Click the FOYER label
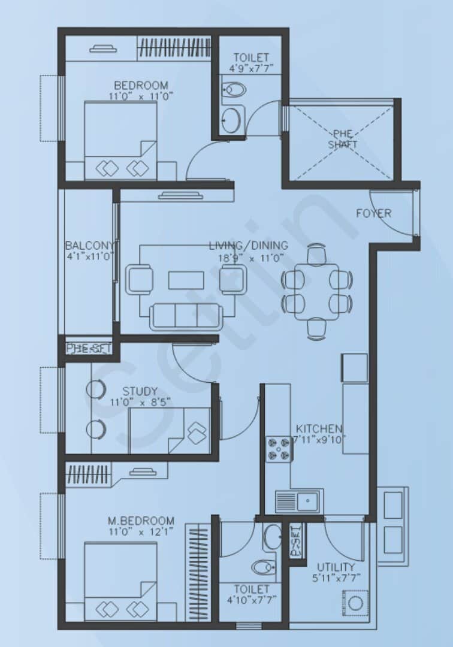(x=373, y=213)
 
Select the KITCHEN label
(x=319, y=429)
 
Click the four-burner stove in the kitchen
(x=279, y=449)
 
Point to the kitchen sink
(x=299, y=500)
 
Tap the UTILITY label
(x=336, y=567)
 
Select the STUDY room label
(x=140, y=392)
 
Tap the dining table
(x=316, y=289)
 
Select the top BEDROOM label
(x=141, y=85)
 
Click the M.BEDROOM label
(x=141, y=521)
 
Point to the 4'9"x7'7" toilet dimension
(x=250, y=68)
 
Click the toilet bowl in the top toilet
(x=234, y=90)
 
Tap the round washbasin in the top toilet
(x=231, y=120)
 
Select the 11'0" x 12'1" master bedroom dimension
(x=141, y=532)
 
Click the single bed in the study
(x=170, y=431)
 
